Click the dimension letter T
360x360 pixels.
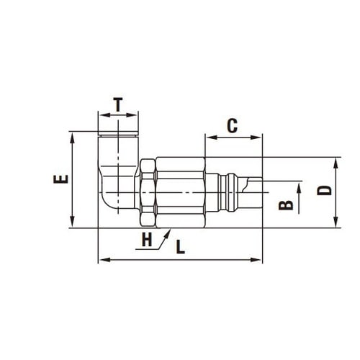coord(118,104)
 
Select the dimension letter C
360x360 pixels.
coord(233,126)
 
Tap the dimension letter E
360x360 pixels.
coord(61,179)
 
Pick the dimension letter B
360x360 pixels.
coord(286,205)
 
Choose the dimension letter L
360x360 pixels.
coord(181,247)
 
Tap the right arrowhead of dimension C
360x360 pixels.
coord(256,138)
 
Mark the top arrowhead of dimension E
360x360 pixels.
coord(72,138)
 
